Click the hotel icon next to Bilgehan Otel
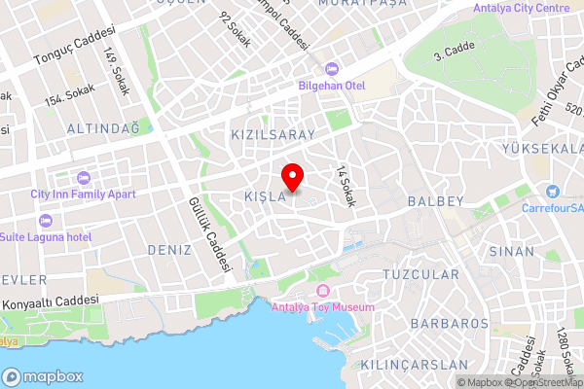[330, 68]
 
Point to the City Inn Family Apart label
[83, 194]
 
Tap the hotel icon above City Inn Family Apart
[83, 178]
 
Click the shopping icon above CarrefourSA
[553, 192]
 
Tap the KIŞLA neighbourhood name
[265, 197]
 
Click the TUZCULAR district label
[421, 275]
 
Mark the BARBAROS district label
[449, 323]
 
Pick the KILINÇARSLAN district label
[428, 365]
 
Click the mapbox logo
[43, 376]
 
